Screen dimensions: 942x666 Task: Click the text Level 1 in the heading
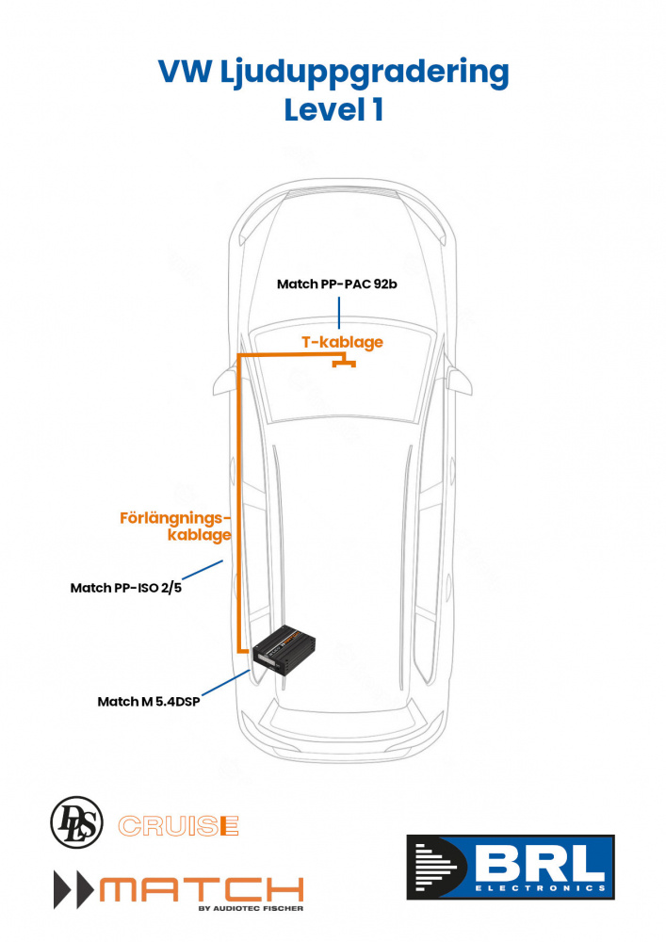coord(333,110)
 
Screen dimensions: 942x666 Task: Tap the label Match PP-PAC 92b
coord(337,284)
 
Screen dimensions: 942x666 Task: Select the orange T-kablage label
coord(342,342)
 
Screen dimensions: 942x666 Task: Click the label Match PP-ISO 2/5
coord(125,588)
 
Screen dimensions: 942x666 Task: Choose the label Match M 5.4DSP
coord(148,702)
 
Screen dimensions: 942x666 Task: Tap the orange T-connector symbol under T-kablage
coord(343,364)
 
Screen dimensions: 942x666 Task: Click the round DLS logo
coord(74,820)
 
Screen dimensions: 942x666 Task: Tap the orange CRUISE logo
coord(177,826)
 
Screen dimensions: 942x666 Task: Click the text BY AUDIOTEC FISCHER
coord(251,910)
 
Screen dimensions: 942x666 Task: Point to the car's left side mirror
coord(222,382)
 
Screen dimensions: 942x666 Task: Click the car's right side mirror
coord(460,382)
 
